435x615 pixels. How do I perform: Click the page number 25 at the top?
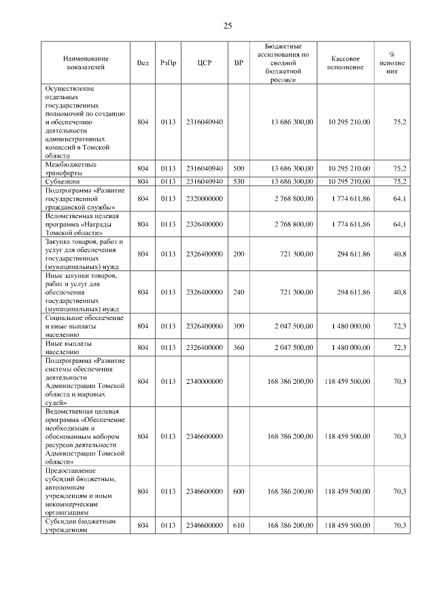228,26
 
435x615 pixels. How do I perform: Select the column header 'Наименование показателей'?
86,63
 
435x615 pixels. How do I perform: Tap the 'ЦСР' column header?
205,63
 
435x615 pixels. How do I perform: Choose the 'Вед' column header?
143,63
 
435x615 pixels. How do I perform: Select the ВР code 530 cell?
238,181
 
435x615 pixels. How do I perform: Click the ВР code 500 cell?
238,168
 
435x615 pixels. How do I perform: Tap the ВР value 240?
238,292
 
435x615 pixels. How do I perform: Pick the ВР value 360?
238,348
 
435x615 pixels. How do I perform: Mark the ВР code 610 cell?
238,525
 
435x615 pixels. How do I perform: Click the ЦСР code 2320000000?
205,198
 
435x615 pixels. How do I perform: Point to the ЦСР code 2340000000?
205,381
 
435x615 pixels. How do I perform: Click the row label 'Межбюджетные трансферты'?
71,168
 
